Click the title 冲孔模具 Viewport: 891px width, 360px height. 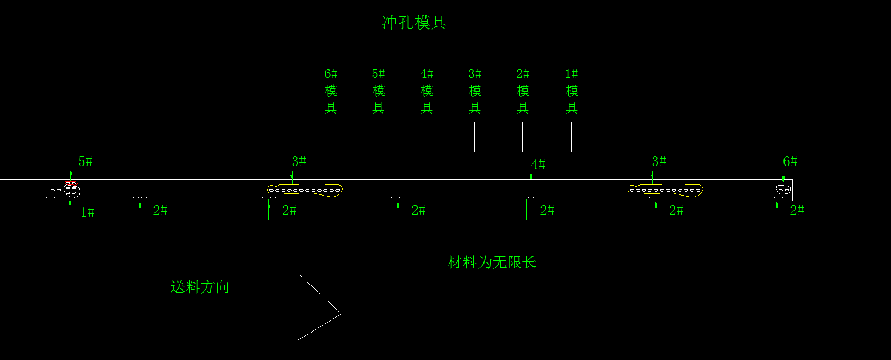(414, 23)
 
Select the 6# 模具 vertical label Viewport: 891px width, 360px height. (331, 91)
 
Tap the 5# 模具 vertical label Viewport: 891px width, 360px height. (379, 91)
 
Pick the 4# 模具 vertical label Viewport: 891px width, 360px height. (427, 91)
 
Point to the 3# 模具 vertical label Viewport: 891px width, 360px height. (474, 91)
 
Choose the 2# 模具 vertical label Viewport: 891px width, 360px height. (522, 91)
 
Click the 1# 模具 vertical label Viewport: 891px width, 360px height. (572, 91)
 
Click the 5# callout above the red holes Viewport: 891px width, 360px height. (85, 161)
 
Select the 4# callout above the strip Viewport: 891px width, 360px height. (538, 165)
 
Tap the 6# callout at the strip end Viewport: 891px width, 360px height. (790, 161)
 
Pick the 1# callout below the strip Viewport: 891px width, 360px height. (88, 212)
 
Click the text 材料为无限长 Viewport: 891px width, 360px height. (491, 262)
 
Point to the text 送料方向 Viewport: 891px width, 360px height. (200, 287)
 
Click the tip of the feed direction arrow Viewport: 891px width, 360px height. (341, 314)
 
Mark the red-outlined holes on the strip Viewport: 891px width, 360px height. (71, 183)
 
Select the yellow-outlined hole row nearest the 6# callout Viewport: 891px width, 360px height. (665, 190)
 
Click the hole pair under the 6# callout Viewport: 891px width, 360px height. (783, 190)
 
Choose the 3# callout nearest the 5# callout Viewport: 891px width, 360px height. (298, 161)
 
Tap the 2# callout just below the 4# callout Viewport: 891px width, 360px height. (547, 210)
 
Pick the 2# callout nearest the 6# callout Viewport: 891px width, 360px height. (797, 210)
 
